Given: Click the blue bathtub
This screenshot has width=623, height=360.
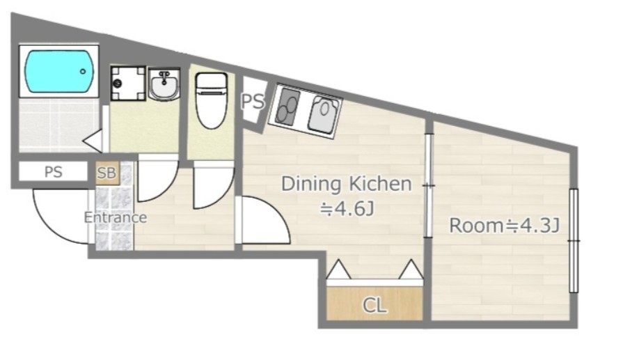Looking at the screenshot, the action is pos(60,72).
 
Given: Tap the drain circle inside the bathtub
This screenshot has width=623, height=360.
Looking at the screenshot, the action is pos(83,72).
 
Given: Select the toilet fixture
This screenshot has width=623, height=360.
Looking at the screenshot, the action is pos(211,100).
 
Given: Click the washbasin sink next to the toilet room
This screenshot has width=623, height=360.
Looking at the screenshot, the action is pos(164,84).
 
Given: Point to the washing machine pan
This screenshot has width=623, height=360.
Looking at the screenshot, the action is pos(128,84).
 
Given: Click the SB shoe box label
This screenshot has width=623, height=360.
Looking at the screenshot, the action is pos(107,173).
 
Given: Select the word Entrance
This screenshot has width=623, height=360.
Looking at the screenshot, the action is pos(116,217).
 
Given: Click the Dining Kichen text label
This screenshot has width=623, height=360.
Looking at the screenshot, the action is pos(347,184).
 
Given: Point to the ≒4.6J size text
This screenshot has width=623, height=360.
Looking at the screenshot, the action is pos(347,209).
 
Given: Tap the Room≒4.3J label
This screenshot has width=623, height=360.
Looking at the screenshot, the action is pos(504,226).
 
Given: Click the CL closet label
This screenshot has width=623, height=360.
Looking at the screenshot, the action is pos(374,306).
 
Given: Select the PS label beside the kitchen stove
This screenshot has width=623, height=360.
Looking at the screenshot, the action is pos(253,102).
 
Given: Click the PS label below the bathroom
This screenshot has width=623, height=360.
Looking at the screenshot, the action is pos(53,172).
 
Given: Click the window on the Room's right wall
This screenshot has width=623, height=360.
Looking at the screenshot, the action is pos(574,241).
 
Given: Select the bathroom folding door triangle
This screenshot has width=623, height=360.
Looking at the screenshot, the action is pos(93,140).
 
